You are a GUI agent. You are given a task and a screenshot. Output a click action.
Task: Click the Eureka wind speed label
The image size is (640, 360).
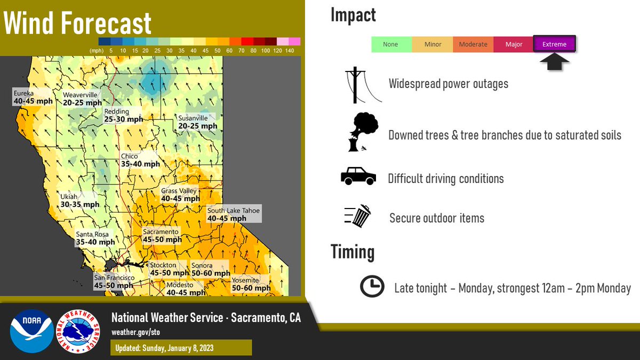point(33,97)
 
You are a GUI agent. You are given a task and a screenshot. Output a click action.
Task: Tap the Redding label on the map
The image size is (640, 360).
point(124,116)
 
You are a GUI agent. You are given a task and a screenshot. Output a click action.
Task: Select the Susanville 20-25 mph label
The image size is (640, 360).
point(197,122)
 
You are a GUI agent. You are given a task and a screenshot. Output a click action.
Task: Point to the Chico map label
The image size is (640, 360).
point(140,161)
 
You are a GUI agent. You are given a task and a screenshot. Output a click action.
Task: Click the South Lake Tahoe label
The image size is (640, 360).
point(234,214)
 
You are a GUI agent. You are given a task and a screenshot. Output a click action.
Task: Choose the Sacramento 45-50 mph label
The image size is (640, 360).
point(162,236)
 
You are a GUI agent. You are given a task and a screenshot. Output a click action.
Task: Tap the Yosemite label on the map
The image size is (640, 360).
point(251,284)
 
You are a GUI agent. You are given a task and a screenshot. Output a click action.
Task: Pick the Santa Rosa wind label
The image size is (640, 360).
point(95,238)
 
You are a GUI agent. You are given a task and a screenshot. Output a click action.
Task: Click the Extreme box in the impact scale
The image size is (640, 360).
point(554,44)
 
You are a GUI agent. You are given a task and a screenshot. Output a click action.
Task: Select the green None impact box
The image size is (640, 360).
point(391,44)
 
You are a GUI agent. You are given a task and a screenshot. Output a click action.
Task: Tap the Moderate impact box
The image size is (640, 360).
point(473,44)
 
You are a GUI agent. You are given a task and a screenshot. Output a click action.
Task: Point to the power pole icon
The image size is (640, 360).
point(357,85)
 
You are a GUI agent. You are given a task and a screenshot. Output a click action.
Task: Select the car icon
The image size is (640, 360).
point(358,176)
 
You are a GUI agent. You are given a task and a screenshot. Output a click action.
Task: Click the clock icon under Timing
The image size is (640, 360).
point(372,287)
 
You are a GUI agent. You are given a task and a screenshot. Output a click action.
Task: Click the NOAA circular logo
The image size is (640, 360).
point(32,331)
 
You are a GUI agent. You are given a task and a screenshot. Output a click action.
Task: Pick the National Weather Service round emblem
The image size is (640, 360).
point(77,331)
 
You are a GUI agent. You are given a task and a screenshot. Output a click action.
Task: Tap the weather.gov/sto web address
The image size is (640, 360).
point(135,332)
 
